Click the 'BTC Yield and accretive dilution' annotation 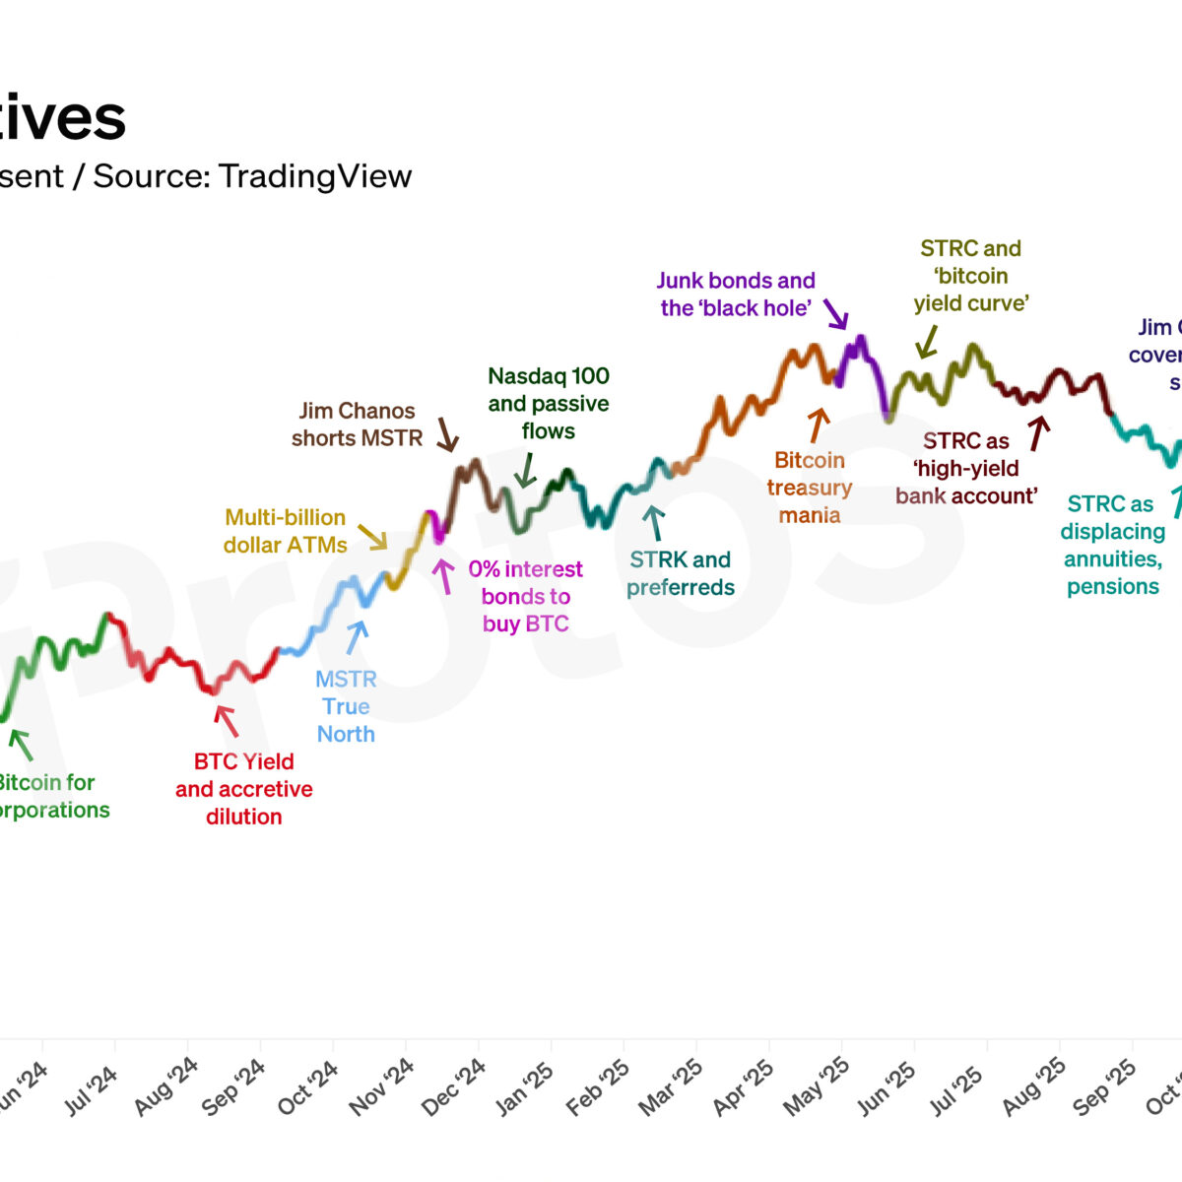pyautogui.click(x=244, y=789)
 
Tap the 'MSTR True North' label pyautogui.click(x=346, y=706)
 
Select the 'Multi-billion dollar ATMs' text pyautogui.click(x=286, y=531)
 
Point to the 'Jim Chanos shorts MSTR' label pyautogui.click(x=357, y=425)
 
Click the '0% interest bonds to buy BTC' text pyautogui.click(x=526, y=596)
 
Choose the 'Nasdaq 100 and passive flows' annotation pyautogui.click(x=549, y=403)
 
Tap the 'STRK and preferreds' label pyautogui.click(x=681, y=573)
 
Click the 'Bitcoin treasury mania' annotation pyautogui.click(x=810, y=488)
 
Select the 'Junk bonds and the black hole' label pyautogui.click(x=736, y=295)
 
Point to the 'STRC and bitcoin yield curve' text pyautogui.click(x=970, y=276)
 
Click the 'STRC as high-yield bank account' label pyautogui.click(x=966, y=468)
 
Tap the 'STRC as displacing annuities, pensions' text pyautogui.click(x=1112, y=545)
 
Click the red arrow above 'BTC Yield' pyautogui.click(x=227, y=721)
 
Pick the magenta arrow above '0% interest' pyautogui.click(x=445, y=576)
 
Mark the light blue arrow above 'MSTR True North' pyautogui.click(x=357, y=636)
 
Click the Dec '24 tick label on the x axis pyautogui.click(x=454, y=1087)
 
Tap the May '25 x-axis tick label pyautogui.click(x=817, y=1087)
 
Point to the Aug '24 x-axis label pyautogui.click(x=166, y=1087)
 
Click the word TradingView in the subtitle pyautogui.click(x=315, y=176)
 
